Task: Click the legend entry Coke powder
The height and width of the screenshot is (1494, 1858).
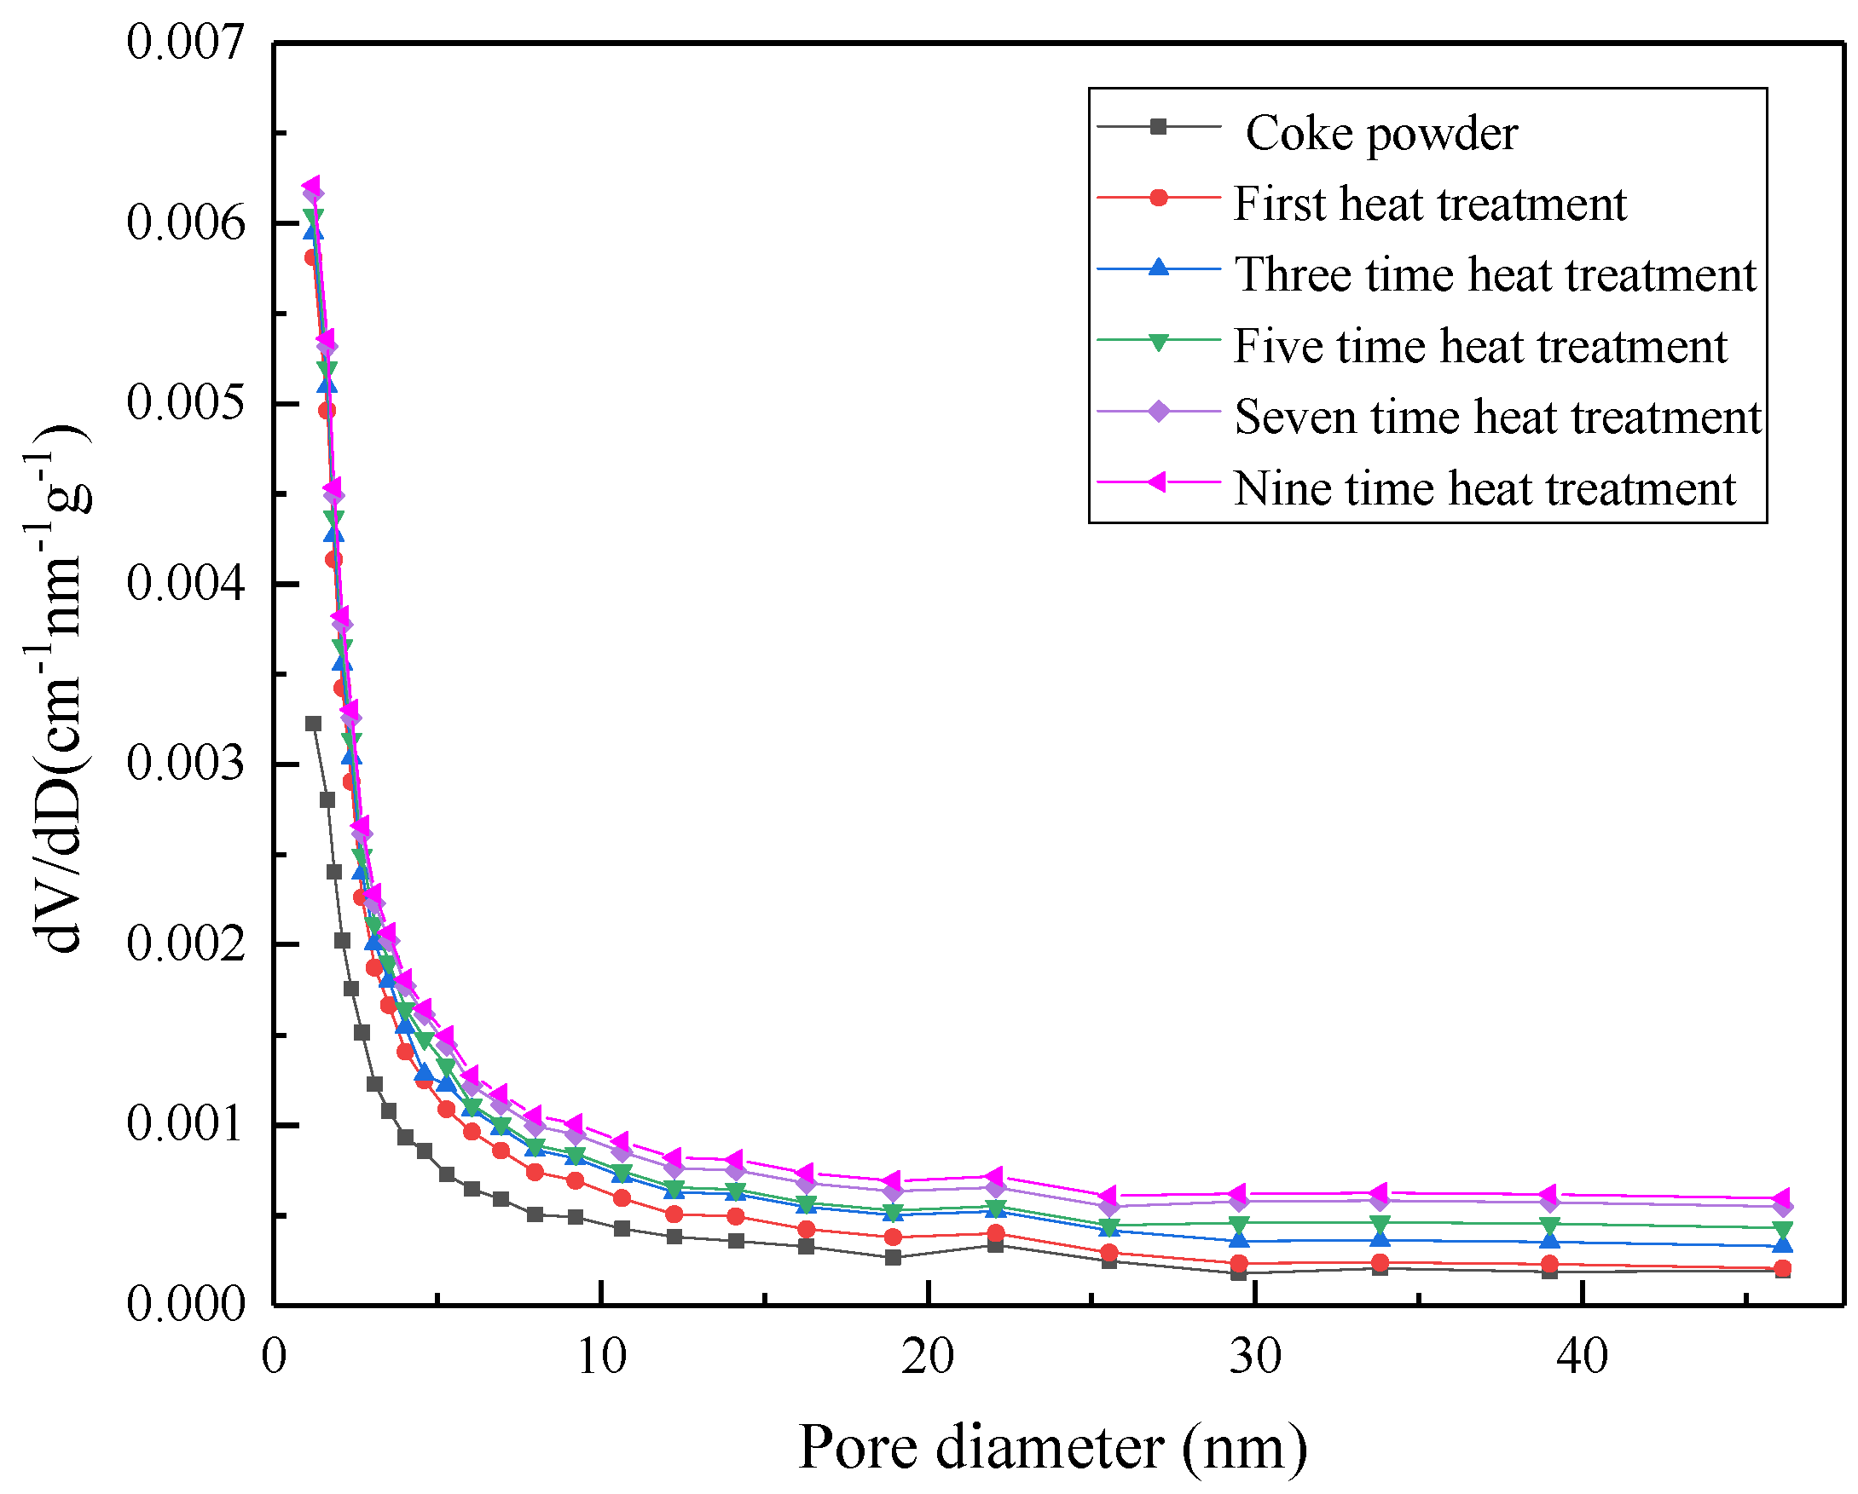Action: click(x=1380, y=134)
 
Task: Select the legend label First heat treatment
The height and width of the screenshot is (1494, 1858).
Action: click(x=1429, y=205)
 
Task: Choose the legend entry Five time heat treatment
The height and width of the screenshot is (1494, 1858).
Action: click(x=1479, y=346)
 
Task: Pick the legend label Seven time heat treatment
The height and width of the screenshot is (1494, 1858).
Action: click(x=1497, y=417)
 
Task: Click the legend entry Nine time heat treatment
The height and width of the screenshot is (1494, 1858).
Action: click(x=1484, y=488)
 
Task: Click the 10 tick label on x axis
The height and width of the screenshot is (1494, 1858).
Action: click(x=600, y=1358)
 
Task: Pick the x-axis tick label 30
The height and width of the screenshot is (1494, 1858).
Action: click(x=1255, y=1358)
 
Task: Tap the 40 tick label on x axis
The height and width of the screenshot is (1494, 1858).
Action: click(x=1583, y=1358)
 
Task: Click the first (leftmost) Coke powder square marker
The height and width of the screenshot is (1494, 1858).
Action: click(x=314, y=724)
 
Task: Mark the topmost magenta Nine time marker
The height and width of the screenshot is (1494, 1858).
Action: click(x=312, y=186)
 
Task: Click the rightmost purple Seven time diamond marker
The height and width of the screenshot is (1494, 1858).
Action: click(x=1782, y=1208)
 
